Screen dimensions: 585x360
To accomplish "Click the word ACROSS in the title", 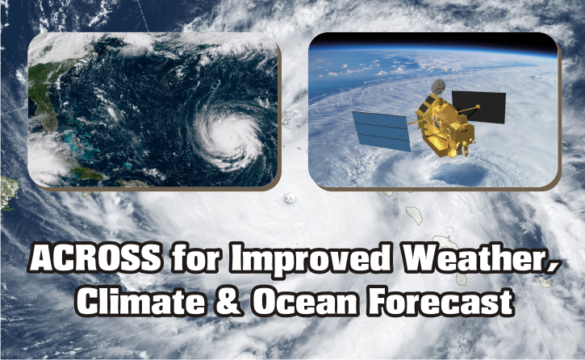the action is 95,257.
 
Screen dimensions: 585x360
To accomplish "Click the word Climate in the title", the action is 141,301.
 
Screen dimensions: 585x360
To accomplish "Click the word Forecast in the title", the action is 440,301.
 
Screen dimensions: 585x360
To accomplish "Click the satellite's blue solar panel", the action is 382,131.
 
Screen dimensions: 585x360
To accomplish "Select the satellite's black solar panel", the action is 479,107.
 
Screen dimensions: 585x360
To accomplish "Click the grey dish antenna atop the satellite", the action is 438,86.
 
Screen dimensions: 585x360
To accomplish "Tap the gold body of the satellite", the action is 446,125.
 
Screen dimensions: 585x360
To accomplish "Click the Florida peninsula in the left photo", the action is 45,108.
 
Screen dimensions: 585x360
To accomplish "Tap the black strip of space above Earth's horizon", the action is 432,40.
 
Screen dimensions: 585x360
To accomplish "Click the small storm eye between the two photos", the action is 290,199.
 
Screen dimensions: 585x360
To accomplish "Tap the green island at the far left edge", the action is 8,193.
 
